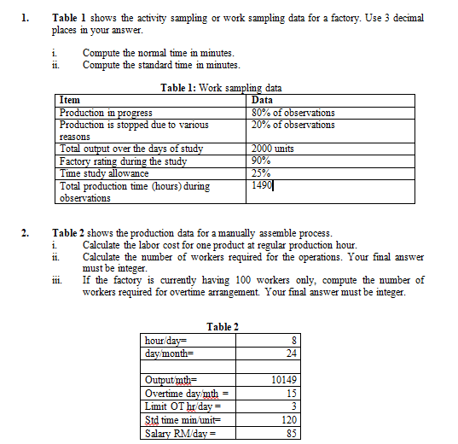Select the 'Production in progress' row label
[107, 113]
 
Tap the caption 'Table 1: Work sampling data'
[221, 88]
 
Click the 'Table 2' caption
[223, 327]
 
